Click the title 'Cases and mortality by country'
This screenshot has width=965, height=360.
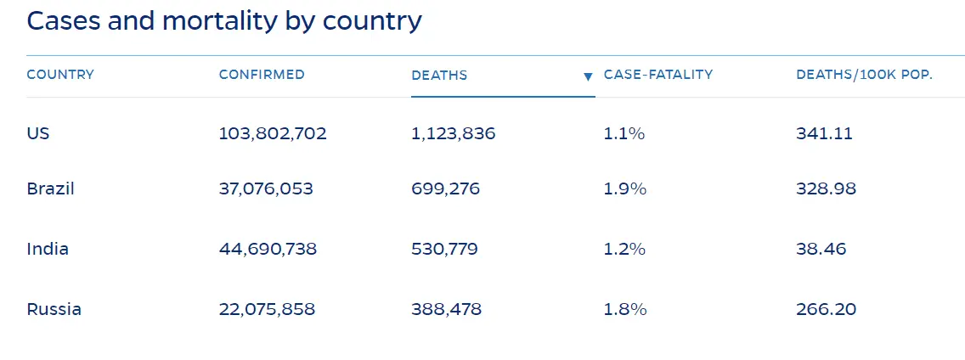[x=224, y=21]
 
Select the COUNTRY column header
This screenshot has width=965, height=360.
[x=60, y=75]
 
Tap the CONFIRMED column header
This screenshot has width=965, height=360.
[x=262, y=75]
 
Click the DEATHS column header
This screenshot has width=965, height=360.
[x=439, y=76]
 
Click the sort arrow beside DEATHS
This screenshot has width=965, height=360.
[x=587, y=76]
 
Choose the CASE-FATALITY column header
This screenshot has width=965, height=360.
[x=658, y=75]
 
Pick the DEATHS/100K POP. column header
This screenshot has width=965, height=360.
[x=864, y=75]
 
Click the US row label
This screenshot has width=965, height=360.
[x=38, y=133]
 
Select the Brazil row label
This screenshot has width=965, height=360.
[x=51, y=188]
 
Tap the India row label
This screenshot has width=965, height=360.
[x=48, y=250]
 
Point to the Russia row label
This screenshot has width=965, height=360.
[x=54, y=309]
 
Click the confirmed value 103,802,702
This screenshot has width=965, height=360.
[x=273, y=133]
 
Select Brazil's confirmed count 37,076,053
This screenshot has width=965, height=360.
[x=266, y=188]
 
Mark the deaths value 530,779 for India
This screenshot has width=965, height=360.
[x=444, y=250]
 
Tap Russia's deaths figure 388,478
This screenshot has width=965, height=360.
[x=446, y=309]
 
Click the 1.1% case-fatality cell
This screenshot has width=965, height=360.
[x=624, y=133]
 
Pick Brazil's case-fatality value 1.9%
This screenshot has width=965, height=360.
[x=624, y=188]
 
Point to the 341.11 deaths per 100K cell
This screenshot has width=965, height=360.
[x=824, y=133]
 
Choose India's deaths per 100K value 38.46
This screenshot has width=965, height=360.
[x=821, y=250]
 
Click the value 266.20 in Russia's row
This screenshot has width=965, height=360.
[x=826, y=309]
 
